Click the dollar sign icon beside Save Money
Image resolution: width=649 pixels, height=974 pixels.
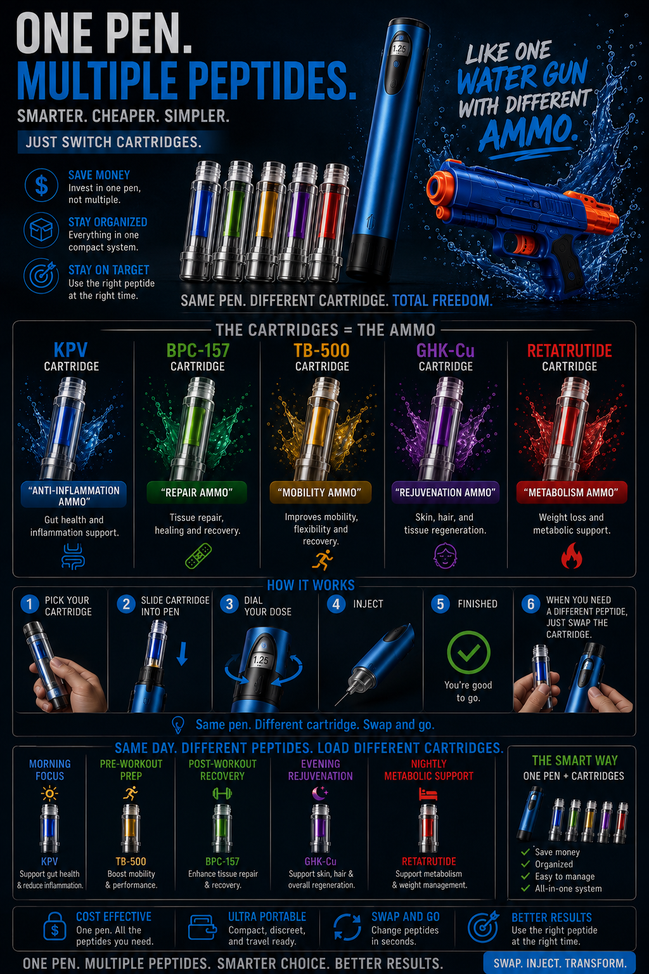click(41, 186)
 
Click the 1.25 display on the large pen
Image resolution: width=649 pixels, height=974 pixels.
click(399, 49)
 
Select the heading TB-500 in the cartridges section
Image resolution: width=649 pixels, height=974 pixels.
click(321, 350)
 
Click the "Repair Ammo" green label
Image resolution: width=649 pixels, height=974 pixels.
click(196, 492)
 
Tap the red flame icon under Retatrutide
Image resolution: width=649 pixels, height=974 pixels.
click(571, 556)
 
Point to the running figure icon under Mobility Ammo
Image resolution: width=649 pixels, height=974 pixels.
click(323, 559)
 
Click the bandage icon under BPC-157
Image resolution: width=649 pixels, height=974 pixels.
click(198, 556)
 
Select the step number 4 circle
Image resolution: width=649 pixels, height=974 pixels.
click(336, 604)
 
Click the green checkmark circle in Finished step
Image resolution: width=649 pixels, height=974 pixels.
click(468, 652)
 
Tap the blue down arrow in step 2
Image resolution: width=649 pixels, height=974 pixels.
click(183, 654)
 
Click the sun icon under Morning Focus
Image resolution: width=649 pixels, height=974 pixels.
click(49, 794)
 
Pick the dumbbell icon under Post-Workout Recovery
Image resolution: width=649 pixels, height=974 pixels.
click(222, 794)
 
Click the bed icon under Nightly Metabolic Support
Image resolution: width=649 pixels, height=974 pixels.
click(428, 794)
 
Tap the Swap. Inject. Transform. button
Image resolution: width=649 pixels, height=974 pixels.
click(560, 963)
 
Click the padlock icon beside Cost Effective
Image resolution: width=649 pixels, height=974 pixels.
click(55, 926)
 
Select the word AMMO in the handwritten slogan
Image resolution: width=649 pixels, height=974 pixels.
click(529, 131)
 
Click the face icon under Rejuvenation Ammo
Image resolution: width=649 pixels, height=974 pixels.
click(446, 556)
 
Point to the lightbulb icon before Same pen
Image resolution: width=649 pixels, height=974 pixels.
click(178, 725)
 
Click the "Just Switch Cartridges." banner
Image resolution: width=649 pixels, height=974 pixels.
click(113, 142)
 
